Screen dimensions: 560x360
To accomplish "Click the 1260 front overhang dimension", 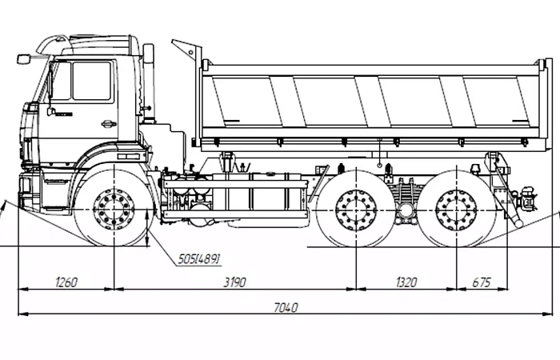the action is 66,282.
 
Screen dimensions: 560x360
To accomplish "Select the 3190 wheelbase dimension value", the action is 234,282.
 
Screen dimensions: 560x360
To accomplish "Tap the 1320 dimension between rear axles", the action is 406,282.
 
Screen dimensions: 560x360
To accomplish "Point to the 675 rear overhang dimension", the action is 482,282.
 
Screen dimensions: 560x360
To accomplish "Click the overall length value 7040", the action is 286,307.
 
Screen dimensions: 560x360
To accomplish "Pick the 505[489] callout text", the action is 199,259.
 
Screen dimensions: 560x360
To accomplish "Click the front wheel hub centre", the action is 114,210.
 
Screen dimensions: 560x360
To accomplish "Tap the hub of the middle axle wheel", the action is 356,210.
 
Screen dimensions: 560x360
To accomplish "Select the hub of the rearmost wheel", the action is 457,210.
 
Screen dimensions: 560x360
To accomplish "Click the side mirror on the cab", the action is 23,59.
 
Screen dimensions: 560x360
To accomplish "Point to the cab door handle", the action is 108,124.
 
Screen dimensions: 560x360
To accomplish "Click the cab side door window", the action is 91,81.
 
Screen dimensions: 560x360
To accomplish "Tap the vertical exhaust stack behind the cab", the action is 148,83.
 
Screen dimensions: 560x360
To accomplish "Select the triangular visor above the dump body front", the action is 185,50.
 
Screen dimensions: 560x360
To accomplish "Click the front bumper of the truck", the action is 30,191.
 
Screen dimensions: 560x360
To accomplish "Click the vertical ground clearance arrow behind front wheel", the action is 147,228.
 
